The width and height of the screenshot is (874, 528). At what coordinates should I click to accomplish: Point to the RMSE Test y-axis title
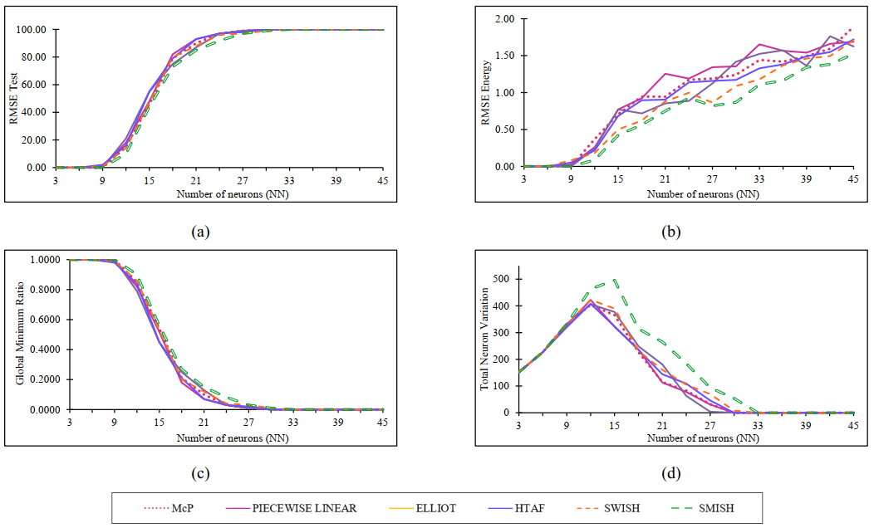[13, 99]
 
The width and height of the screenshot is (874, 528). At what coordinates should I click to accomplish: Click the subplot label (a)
[199, 232]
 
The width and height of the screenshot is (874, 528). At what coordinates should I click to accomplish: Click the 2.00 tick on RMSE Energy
[503, 18]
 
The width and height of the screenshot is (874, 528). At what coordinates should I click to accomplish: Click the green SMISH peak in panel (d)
[614, 281]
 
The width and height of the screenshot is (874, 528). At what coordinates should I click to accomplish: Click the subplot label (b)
[671, 232]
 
